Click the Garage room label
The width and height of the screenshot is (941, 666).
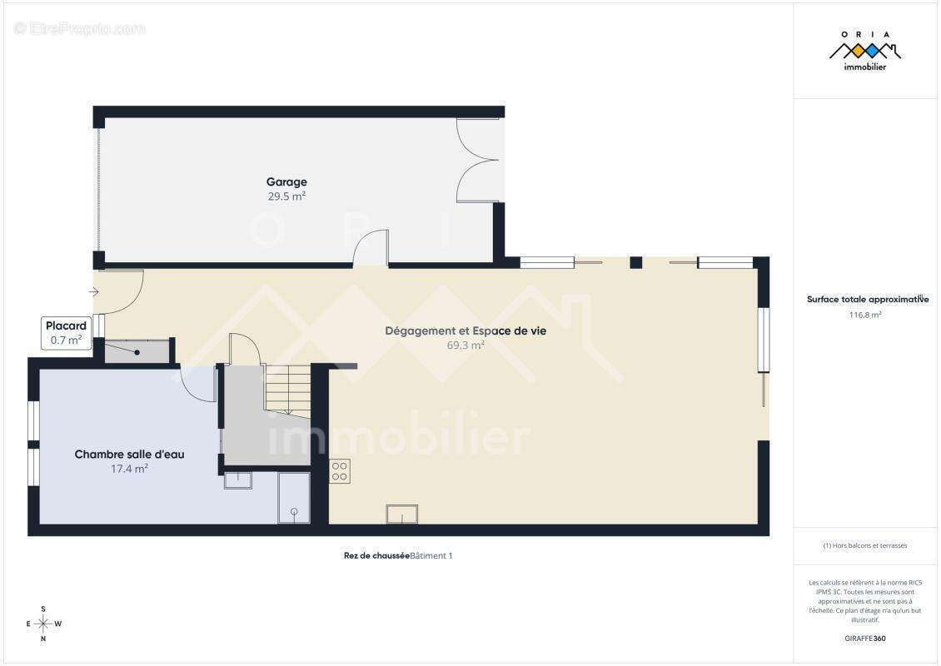pos(286,181)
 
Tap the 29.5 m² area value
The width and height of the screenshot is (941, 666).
pos(286,196)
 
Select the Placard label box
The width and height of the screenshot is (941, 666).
pos(66,333)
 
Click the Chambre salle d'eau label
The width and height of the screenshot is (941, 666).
pos(129,455)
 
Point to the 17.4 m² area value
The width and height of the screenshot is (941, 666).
pos(129,469)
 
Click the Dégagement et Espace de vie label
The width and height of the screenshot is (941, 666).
pos(466,331)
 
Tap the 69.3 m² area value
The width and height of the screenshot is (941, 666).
pos(466,345)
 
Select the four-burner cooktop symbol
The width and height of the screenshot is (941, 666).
pos(339,471)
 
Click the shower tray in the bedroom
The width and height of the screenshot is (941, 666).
pos(294,497)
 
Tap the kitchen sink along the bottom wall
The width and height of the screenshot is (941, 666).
pos(401,514)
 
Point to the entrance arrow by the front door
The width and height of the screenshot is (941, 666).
pos(93,292)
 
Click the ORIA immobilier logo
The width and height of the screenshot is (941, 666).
pos(864,51)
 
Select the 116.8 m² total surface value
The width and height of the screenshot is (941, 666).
pos(864,315)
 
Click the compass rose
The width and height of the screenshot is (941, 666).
pos(43,624)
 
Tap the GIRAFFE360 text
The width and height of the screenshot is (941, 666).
pos(864,639)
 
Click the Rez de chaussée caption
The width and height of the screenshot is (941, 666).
pos(376,555)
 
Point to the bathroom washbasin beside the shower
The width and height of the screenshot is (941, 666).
pos(237,480)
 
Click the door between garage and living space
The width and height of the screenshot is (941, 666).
pos(371,247)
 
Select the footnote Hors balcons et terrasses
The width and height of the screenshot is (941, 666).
pos(864,545)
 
